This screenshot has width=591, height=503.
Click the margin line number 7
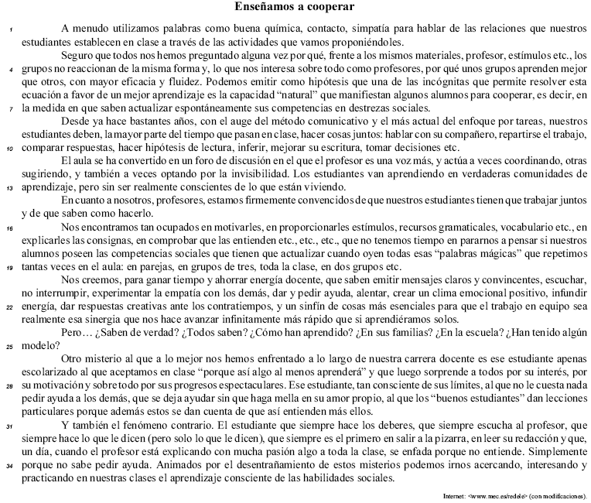click(x=11, y=108)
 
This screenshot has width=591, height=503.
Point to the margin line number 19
click(x=11, y=267)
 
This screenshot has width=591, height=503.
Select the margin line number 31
click(x=11, y=426)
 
